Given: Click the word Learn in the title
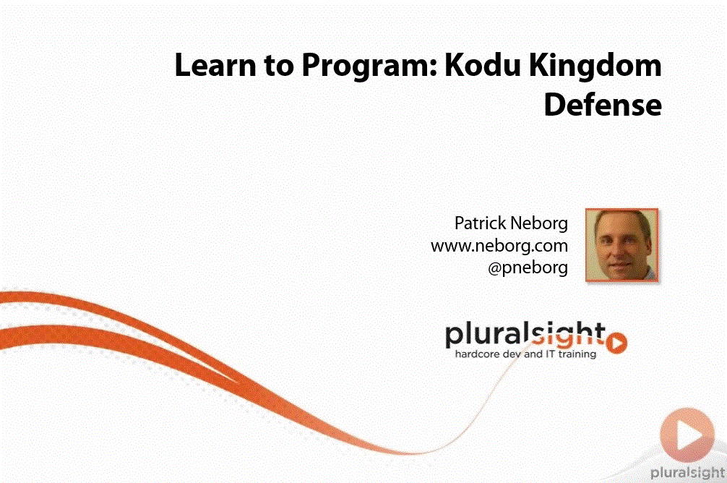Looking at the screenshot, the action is pos(215,65).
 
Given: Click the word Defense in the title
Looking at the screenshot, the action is pos(603,104).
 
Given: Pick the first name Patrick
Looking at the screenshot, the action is pos(480,223).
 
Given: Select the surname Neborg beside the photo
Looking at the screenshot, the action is pos(539,224).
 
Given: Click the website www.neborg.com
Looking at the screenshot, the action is pos(499,246).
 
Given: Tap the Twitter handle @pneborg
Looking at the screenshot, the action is pos(528,268).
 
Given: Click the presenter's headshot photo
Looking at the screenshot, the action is pos(621,245).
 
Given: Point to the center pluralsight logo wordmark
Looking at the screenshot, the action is pos(525,335).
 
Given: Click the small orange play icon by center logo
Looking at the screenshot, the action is pos(617,343).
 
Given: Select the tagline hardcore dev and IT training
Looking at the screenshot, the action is pos(526,354).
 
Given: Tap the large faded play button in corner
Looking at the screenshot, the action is pos(687,435).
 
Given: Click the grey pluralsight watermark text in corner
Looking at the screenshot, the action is pos(687,473).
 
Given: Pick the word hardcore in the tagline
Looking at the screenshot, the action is pos(477,354).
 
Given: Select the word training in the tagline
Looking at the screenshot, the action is pos(577,354).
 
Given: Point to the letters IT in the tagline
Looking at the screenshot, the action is pos(550,354).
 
